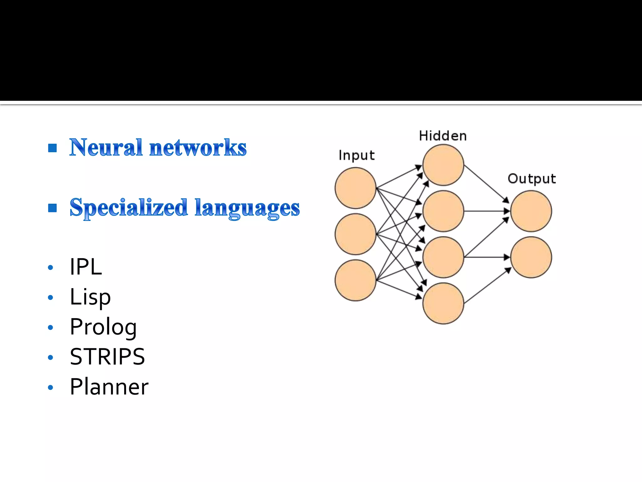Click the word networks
coord(198,147)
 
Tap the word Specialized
coord(129,208)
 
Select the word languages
coord(247,208)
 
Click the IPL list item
coord(86,267)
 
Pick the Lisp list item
coord(90,297)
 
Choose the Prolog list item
coord(103,327)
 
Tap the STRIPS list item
coord(107,357)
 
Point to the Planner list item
coord(109,387)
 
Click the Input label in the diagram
coord(356,155)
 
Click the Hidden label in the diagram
coord(443,136)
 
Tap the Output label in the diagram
coord(532,179)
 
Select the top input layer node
coord(355,188)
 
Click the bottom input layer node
coord(355,280)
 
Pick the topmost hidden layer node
coord(443,165)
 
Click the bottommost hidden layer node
coord(443,303)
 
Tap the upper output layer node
coord(531,211)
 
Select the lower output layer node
coord(531,257)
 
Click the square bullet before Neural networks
coord(52,148)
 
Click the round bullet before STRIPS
coord(50,357)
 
